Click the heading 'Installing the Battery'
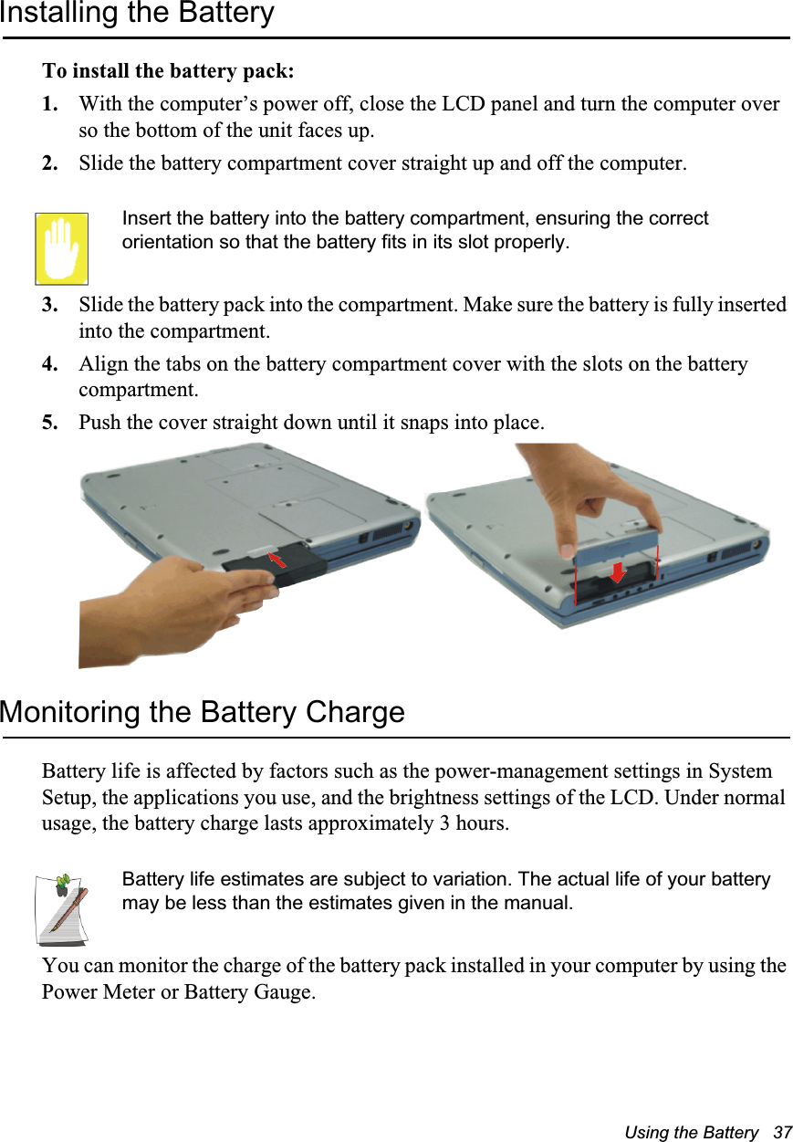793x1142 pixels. point(137,14)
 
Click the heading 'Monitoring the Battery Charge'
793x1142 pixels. point(202,711)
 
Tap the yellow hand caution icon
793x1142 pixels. point(61,248)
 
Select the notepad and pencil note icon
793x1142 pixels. point(61,909)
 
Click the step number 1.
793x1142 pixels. point(51,104)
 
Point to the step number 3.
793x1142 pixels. point(51,304)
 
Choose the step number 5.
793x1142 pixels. point(51,424)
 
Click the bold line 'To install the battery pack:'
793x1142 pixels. point(168,71)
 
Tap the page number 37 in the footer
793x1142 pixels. point(782,1132)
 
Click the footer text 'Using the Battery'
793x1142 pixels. point(691,1132)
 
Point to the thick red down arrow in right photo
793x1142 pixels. point(617,572)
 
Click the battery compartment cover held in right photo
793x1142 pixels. point(615,546)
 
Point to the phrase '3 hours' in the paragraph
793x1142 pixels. point(475,823)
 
